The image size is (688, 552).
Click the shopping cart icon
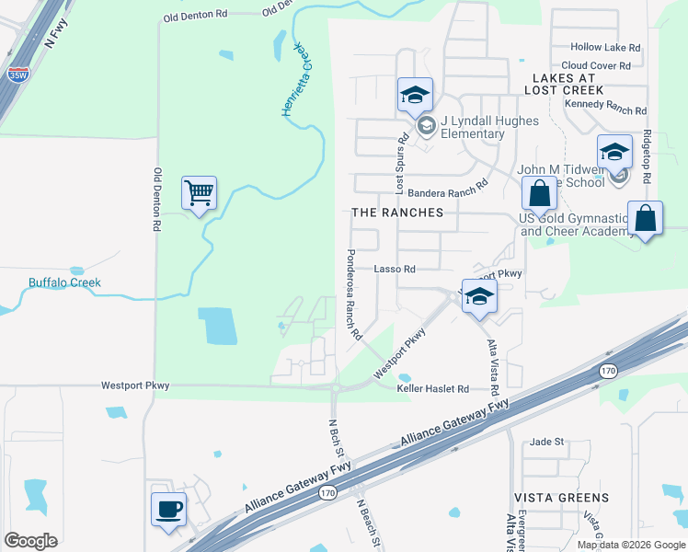click(199, 193)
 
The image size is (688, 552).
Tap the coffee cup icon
click(168, 509)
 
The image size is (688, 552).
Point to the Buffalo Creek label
click(64, 282)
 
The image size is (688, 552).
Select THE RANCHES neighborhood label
click(397, 213)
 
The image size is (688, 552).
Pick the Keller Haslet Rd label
click(433, 389)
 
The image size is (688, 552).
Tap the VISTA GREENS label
click(562, 498)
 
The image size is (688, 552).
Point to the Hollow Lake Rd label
click(605, 47)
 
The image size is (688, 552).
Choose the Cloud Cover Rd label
click(596, 66)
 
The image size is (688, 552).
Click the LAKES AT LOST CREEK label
click(564, 84)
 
